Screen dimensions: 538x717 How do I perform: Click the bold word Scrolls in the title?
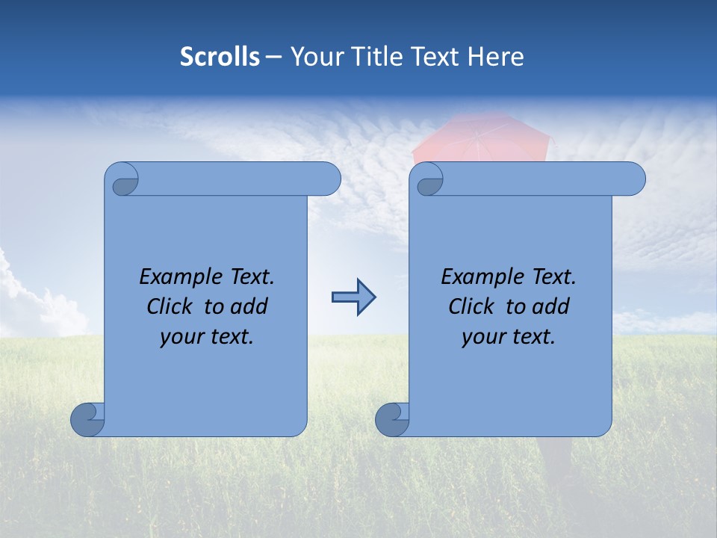point(220,57)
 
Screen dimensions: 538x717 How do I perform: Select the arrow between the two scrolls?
point(353,297)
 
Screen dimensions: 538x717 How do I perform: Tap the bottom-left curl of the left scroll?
point(87,418)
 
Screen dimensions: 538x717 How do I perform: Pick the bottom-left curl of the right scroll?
point(392,418)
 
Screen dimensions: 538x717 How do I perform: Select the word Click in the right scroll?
point(471,306)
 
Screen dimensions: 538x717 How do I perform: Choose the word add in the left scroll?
point(249,306)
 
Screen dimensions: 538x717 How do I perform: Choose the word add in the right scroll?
point(551,306)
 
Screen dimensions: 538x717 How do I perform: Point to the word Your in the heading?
point(316,57)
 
